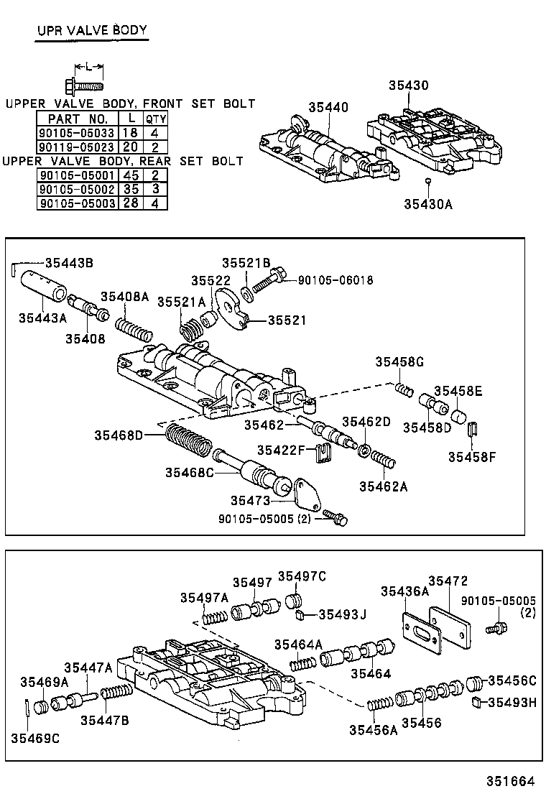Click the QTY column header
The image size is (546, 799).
[x=156, y=119]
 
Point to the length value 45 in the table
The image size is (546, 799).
[x=131, y=175]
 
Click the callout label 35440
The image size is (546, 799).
[x=328, y=108]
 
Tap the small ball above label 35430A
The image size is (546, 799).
[x=427, y=181]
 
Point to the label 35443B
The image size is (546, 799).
[x=69, y=262]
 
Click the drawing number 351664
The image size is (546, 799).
[x=512, y=780]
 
